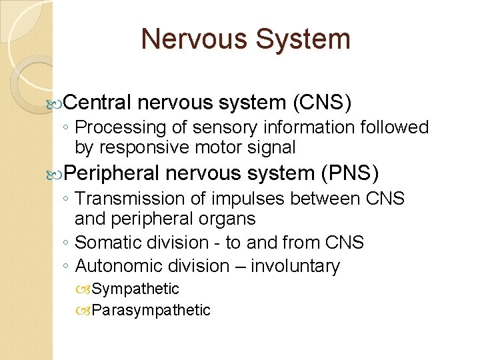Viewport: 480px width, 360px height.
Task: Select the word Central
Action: point(101,102)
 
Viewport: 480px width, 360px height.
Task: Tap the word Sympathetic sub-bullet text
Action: point(135,289)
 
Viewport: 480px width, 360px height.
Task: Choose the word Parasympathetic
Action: point(151,310)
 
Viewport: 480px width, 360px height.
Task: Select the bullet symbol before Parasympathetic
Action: point(84,310)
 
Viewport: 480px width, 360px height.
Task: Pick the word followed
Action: point(395,127)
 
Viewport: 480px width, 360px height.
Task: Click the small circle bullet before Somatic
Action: point(69,243)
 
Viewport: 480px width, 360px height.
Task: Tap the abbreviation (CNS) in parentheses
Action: point(322,102)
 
